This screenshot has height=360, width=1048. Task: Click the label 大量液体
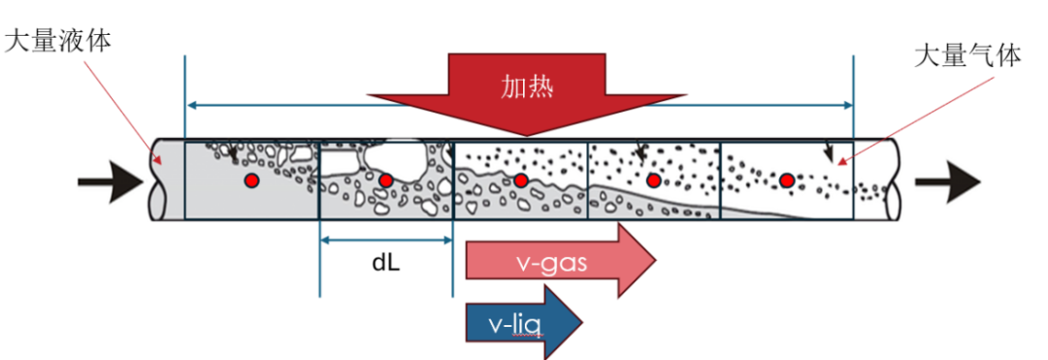(x=57, y=42)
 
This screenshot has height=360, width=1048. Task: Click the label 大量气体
(x=967, y=57)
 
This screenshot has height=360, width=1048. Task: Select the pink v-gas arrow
(x=561, y=260)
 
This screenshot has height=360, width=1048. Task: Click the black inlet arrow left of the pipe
(x=111, y=181)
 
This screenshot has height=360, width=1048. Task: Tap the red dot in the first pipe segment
(x=251, y=180)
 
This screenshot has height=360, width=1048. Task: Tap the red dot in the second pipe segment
(x=385, y=180)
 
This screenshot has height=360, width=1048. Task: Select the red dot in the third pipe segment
(x=521, y=180)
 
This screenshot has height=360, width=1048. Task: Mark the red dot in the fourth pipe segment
(x=654, y=180)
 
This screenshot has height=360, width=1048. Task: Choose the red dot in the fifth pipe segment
(x=787, y=180)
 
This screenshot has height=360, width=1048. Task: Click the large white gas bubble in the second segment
(x=397, y=159)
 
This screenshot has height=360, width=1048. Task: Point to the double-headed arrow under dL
(x=386, y=239)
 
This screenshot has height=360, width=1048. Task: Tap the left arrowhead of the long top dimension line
(x=191, y=105)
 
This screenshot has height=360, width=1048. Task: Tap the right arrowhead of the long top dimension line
(x=847, y=105)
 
